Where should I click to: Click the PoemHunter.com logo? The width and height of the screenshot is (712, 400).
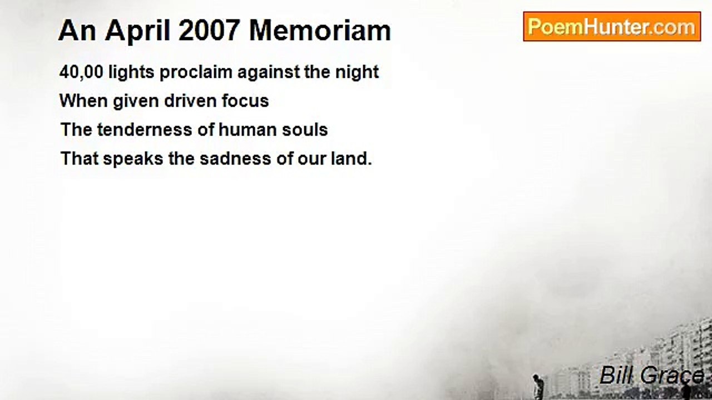click(611, 27)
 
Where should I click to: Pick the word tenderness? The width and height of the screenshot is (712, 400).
click(144, 130)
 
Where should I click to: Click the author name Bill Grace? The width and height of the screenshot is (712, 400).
click(651, 376)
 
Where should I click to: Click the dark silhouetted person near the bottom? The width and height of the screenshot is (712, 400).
click(537, 387)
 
